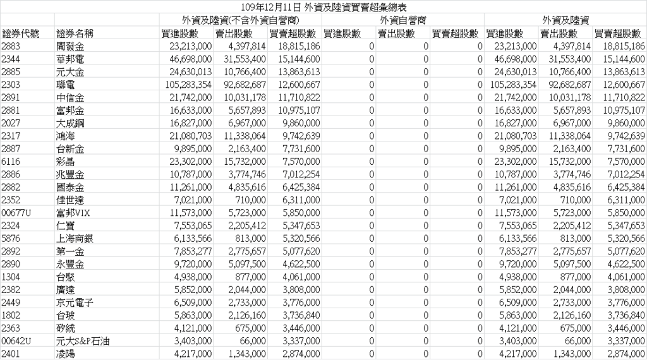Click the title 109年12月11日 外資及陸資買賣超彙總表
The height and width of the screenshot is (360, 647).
point(323,6)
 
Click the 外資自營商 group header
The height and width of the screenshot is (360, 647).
point(403,21)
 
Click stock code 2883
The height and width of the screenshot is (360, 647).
point(11,47)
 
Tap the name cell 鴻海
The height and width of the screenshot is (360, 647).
point(66,135)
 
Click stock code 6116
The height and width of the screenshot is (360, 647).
point(11,162)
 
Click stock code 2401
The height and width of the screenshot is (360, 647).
point(11,354)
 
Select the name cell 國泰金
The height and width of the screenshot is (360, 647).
point(70,188)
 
